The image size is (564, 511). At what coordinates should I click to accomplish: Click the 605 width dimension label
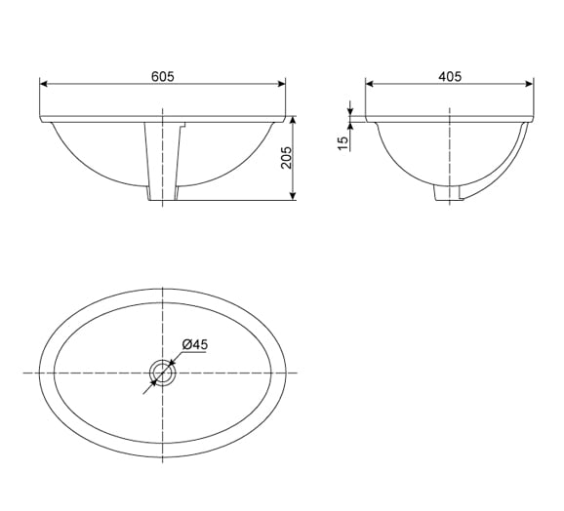163,76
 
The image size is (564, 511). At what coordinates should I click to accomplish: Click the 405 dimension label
450,76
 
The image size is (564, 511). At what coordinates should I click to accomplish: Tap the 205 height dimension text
286,157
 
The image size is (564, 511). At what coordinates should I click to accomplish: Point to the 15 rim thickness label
343,143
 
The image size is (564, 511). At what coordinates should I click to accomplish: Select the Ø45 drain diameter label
194,344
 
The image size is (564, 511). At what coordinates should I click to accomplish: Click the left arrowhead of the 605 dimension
44,84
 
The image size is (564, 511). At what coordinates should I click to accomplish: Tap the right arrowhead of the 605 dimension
281,84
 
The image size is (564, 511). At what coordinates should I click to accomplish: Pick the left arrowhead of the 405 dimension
370,84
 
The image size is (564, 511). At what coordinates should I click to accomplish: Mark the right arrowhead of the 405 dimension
529,84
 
